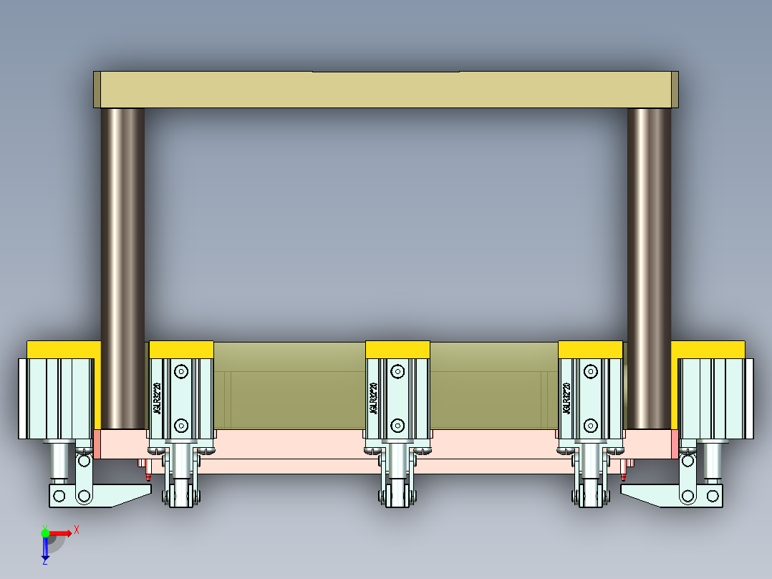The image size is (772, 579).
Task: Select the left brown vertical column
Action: [122, 265]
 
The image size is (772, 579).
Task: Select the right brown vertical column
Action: [649, 265]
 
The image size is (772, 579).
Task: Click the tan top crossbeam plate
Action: [387, 90]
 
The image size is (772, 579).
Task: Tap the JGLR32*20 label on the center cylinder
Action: [373, 398]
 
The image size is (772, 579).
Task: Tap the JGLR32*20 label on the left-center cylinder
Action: [157, 398]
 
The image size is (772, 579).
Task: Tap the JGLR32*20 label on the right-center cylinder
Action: [566, 398]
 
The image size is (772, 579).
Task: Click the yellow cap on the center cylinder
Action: [397, 349]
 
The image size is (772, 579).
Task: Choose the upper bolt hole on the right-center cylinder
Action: [590, 371]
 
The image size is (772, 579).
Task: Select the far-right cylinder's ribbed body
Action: [716, 398]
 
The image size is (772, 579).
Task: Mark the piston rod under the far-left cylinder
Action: [58, 462]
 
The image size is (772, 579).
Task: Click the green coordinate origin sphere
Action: [45, 532]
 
